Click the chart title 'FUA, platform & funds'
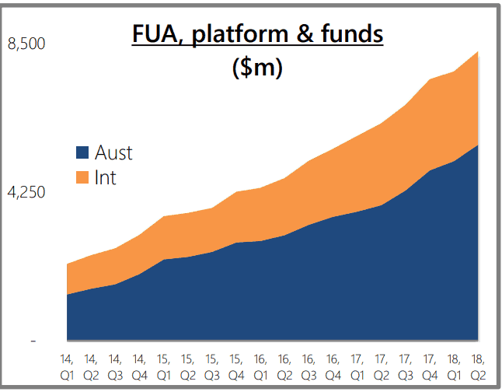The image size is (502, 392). point(257,35)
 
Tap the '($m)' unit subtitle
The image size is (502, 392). point(257,68)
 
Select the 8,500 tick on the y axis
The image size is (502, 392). point(26,44)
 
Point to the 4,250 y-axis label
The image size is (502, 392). point(26,192)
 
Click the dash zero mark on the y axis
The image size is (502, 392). point(33,341)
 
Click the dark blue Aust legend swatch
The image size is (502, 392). point(82,153)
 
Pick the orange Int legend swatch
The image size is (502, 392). point(82,178)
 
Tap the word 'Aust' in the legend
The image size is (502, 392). point(113,153)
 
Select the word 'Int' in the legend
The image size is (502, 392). point(105,178)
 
